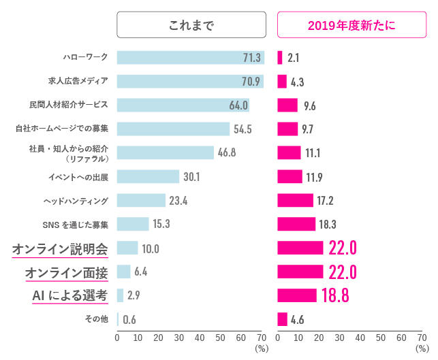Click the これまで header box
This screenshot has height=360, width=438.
pos(191,27)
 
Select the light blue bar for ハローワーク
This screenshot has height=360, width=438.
pos(190,58)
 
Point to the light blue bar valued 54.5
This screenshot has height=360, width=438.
pos(173,129)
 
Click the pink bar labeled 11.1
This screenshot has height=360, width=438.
pos(289,152)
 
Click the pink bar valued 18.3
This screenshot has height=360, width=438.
pos(296,224)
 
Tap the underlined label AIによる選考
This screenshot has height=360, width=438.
pos(69,295)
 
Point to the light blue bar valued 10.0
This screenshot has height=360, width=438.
pos(127,248)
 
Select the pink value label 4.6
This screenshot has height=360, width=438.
pos(297,319)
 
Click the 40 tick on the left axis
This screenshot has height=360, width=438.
pos(200,338)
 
